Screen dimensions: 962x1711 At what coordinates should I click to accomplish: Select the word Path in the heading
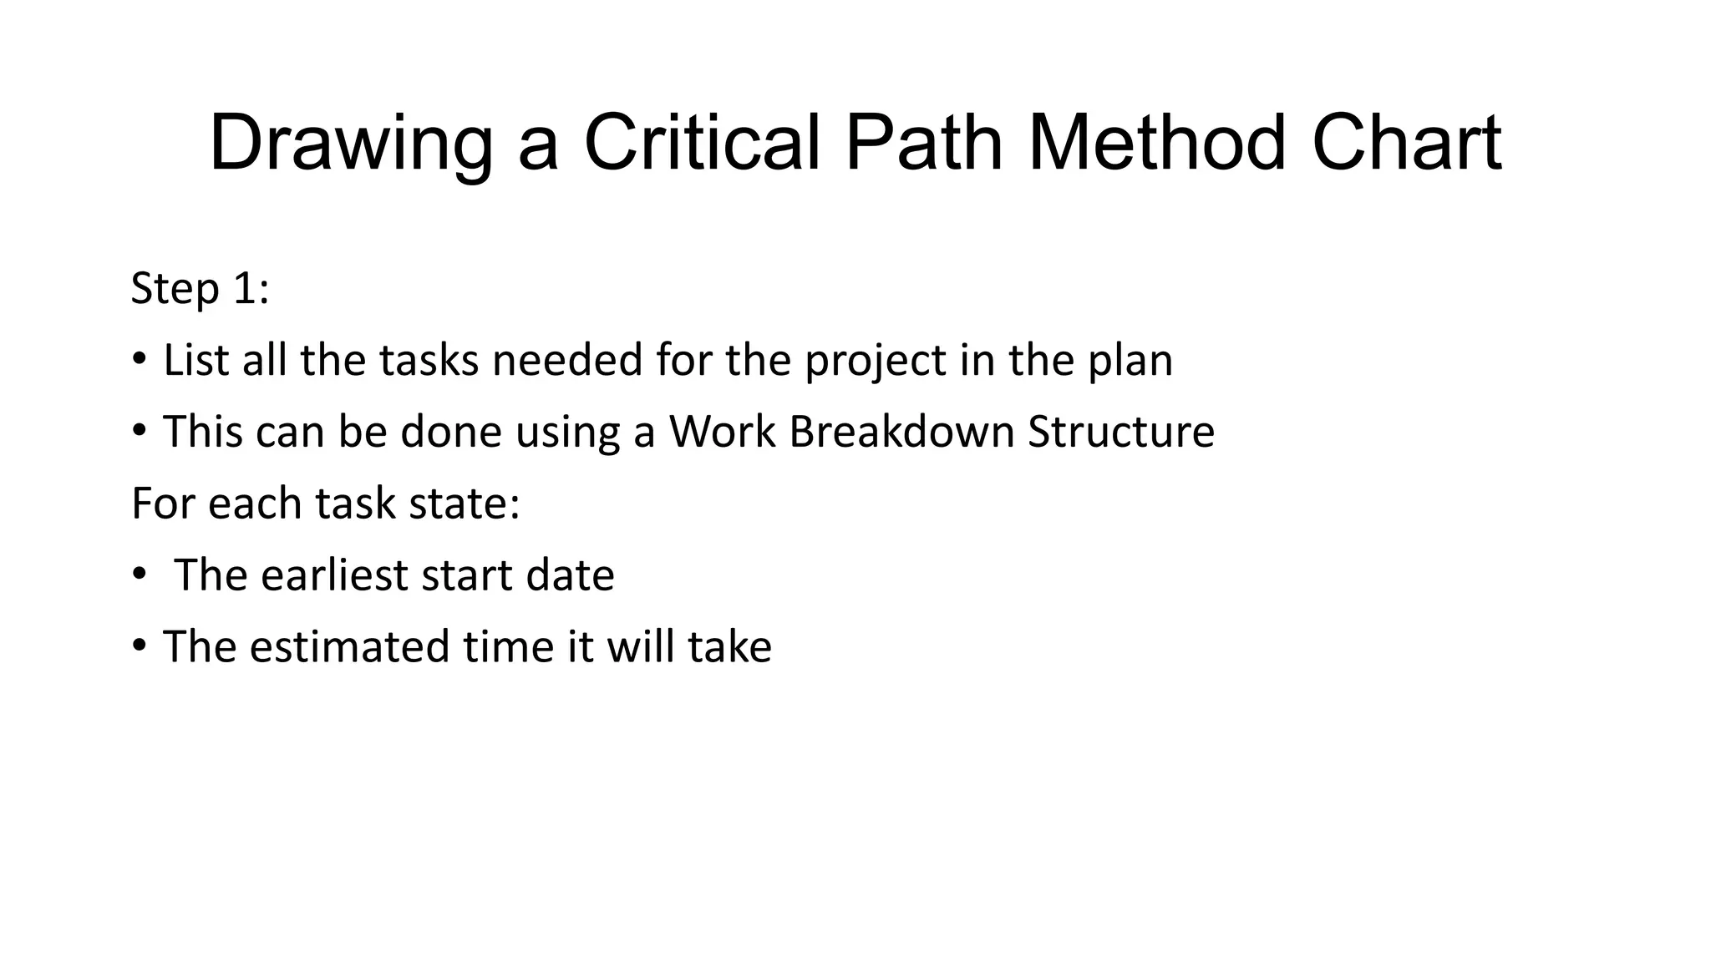point(923,144)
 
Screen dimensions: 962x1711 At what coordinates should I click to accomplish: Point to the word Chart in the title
point(1407,144)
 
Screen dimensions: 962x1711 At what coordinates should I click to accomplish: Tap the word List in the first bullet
point(195,361)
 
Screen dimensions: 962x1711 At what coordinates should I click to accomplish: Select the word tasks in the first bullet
point(429,361)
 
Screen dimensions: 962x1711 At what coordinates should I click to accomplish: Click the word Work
point(723,433)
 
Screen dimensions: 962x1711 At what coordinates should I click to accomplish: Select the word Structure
point(1121,433)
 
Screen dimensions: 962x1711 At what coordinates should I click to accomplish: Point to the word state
point(465,504)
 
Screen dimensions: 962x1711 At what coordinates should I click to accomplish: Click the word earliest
point(335,576)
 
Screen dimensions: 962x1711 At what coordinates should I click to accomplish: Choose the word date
point(571,576)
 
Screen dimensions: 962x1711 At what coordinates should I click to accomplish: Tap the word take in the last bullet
point(730,647)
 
